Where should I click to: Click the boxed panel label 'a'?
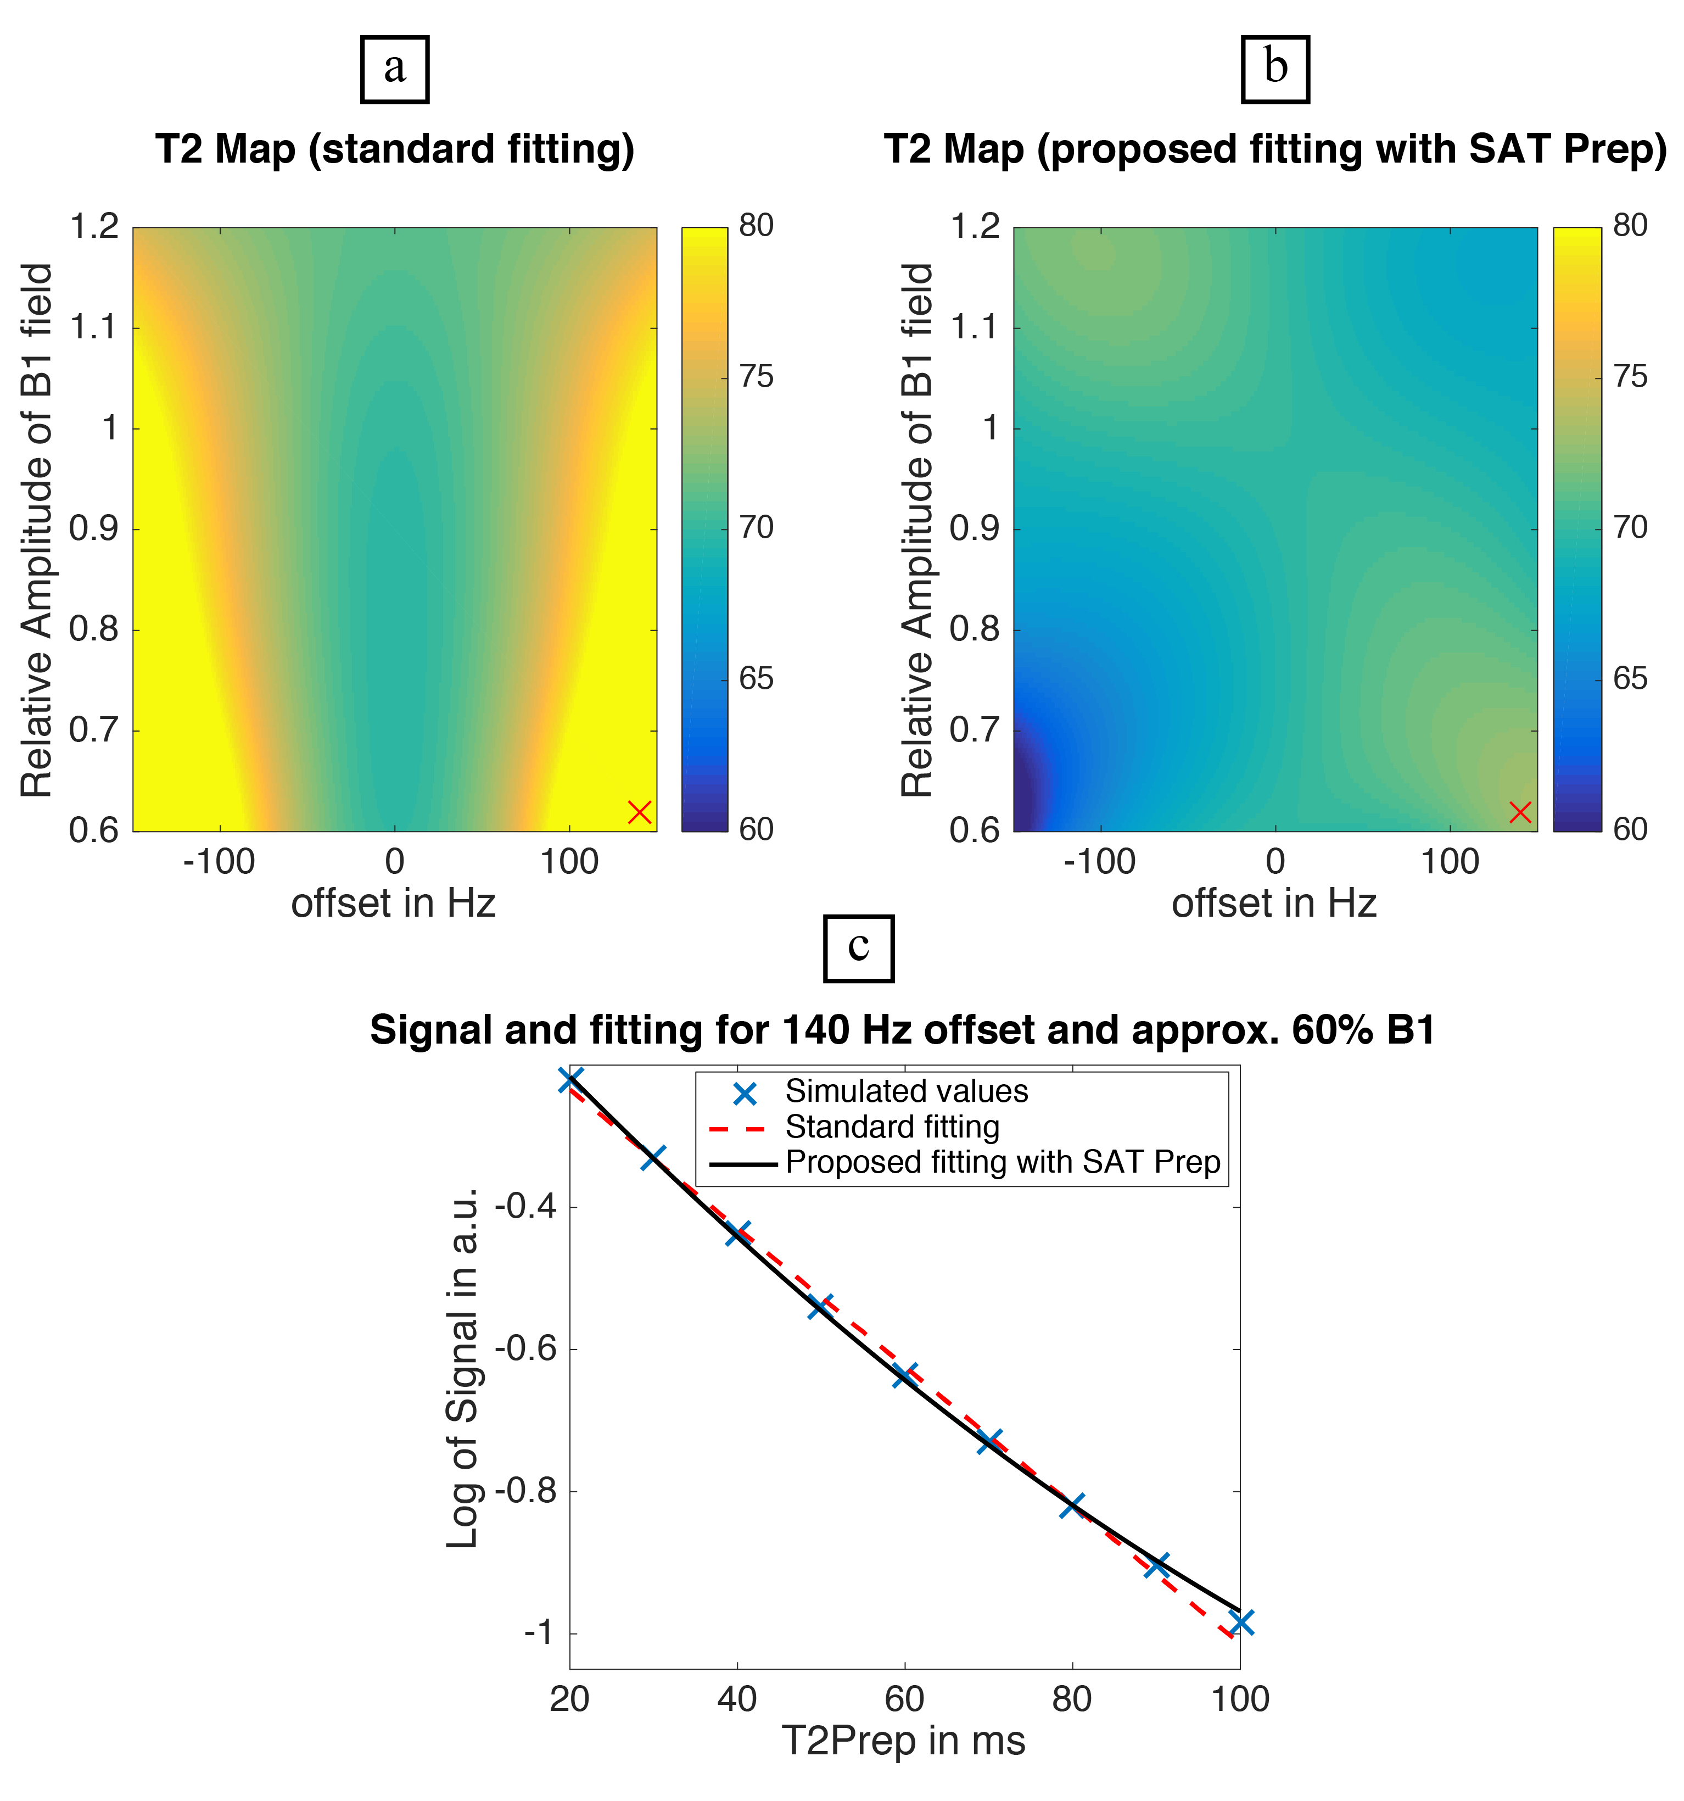coord(394,69)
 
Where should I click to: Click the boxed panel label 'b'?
coord(1274,69)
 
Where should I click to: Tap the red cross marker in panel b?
coord(1520,812)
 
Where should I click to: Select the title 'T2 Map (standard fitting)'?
coord(395,149)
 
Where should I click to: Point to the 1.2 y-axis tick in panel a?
coord(94,226)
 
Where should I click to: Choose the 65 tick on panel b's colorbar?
coord(1630,678)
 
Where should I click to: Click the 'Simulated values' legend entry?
coord(906,1092)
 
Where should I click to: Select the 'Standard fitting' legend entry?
coord(892,1127)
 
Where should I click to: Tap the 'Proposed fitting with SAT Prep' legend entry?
coord(1003,1162)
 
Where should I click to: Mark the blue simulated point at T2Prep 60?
coord(904,1374)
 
